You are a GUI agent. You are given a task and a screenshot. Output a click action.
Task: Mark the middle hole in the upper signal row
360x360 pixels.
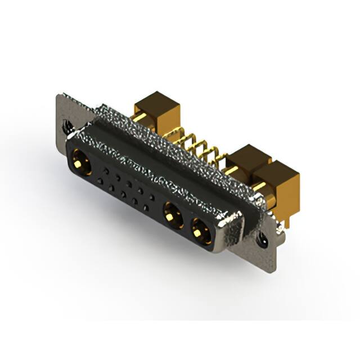[x=129, y=183]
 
